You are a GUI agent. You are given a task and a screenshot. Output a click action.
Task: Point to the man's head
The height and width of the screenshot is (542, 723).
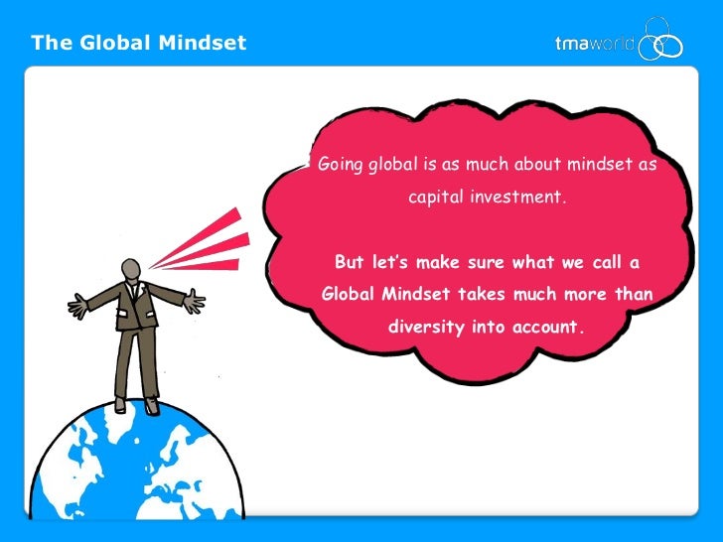tap(130, 269)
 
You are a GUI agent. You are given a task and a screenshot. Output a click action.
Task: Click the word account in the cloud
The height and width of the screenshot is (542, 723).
tap(544, 328)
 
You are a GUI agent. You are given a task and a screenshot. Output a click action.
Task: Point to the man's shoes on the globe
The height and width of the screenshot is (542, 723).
tap(135, 405)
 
